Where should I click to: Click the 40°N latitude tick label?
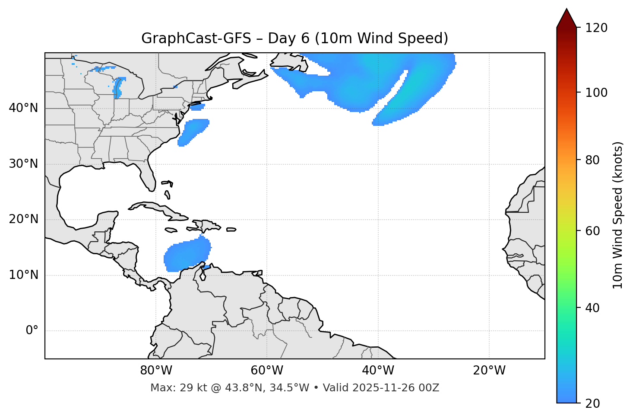coord(23,108)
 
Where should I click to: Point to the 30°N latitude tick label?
coord(23,164)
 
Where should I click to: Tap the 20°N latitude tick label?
coord(23,219)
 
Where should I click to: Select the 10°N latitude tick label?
coord(23,275)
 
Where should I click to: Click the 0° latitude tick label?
coord(32,331)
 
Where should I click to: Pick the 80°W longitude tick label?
coord(156,371)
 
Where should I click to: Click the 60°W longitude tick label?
coord(267,371)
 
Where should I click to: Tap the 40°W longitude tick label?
coord(378,371)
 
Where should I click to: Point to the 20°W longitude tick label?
coord(489,371)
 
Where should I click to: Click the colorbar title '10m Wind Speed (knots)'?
coord(618,215)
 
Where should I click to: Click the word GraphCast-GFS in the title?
coord(196,38)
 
